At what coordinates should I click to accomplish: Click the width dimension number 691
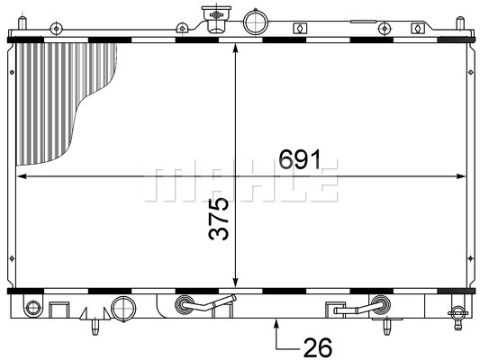pyautogui.click(x=300, y=159)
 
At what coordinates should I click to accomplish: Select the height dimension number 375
pyautogui.click(x=219, y=219)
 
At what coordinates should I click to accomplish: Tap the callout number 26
pyautogui.click(x=318, y=347)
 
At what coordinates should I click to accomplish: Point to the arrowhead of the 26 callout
pyautogui.click(x=276, y=324)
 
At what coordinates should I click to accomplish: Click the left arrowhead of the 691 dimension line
pyautogui.click(x=22, y=176)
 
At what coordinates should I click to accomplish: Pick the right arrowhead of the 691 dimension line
pyautogui.click(x=460, y=176)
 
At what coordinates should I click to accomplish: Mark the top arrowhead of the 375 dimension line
pyautogui.click(x=235, y=49)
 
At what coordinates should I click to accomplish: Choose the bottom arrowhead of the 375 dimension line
pyautogui.click(x=235, y=283)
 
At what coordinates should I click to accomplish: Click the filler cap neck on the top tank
pyautogui.click(x=216, y=19)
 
